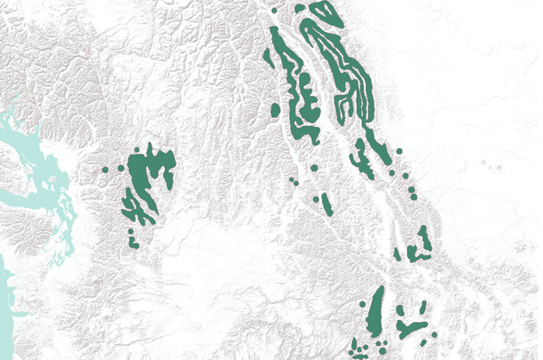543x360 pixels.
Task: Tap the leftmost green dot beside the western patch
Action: (x=105, y=168)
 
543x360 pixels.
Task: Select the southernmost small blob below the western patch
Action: (x=135, y=243)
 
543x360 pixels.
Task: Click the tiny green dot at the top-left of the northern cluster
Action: (x=275, y=10)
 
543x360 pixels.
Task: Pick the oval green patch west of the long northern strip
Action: (x=275, y=111)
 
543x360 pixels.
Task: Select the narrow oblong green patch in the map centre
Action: (x=327, y=205)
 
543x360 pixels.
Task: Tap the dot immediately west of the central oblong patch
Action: (x=316, y=199)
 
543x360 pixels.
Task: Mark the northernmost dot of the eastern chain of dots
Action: (x=400, y=152)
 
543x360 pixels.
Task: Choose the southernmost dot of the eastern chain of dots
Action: (x=413, y=197)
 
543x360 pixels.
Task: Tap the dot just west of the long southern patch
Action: (x=364, y=305)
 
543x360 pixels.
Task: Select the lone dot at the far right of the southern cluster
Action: (x=434, y=333)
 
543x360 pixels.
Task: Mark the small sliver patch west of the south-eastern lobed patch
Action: (x=397, y=254)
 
